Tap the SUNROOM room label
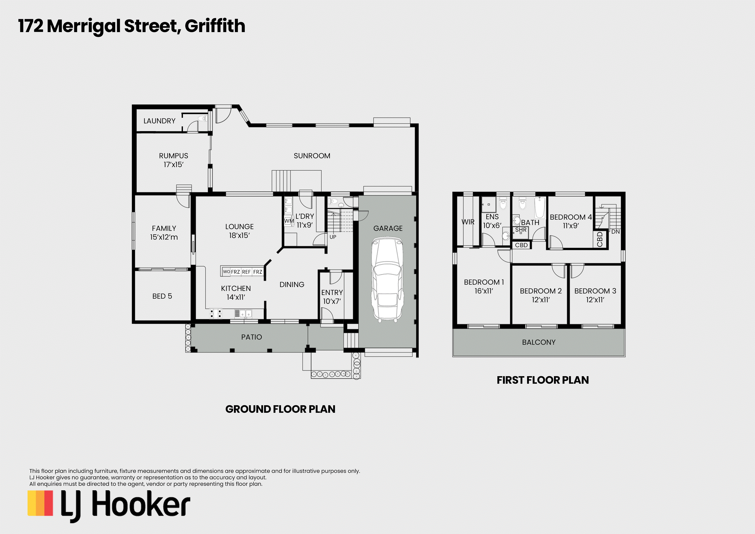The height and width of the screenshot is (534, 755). click(x=312, y=156)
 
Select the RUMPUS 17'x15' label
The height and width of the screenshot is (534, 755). click(x=174, y=160)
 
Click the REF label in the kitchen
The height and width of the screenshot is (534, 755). click(x=246, y=272)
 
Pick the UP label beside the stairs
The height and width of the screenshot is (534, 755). click(x=333, y=237)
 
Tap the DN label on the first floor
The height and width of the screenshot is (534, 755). click(x=616, y=232)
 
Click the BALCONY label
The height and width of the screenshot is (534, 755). click(x=539, y=342)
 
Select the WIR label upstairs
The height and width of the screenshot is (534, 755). click(x=468, y=222)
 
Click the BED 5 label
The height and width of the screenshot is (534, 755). click(x=162, y=296)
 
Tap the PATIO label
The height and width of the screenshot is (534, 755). click(x=252, y=337)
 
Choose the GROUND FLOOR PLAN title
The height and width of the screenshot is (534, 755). click(x=280, y=409)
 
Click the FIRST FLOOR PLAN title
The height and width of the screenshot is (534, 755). click(x=543, y=380)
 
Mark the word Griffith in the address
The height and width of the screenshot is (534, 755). click(x=215, y=26)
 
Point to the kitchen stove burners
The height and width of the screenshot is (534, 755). click(x=215, y=314)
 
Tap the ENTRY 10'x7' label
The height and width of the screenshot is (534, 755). click(x=332, y=297)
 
